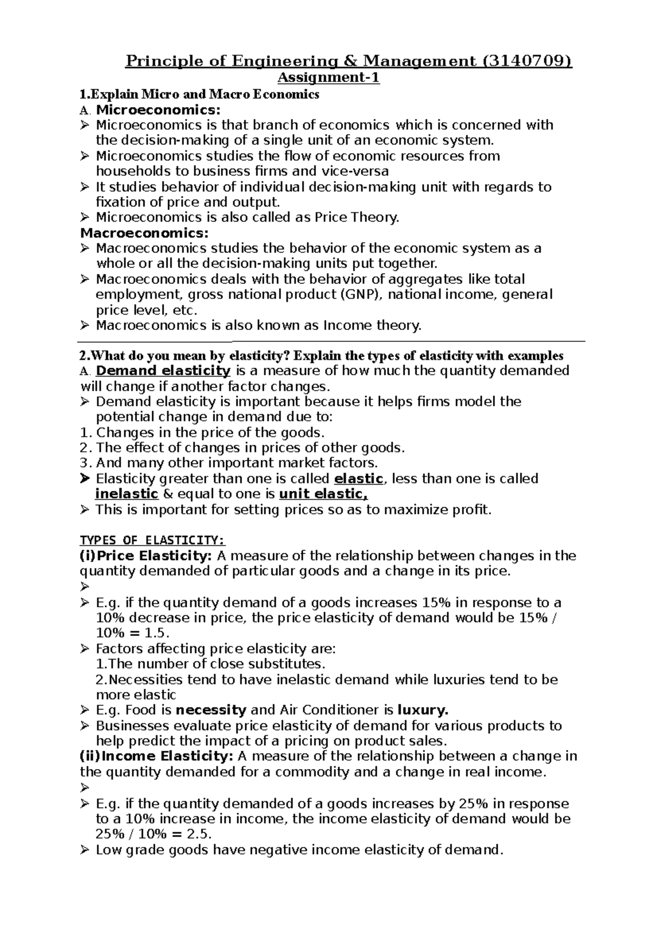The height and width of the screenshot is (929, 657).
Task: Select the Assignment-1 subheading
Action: click(328, 78)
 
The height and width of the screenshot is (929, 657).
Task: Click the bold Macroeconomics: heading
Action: click(145, 233)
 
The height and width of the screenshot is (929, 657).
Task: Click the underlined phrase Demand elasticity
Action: click(163, 371)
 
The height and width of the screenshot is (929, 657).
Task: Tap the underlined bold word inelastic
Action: click(126, 494)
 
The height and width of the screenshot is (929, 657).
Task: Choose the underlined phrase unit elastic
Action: click(323, 494)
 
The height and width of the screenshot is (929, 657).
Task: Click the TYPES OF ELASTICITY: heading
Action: click(152, 541)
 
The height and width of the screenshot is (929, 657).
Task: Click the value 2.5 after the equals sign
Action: click(198, 834)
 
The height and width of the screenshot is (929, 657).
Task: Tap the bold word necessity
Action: click(211, 711)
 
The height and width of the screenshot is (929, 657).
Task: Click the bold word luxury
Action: click(422, 711)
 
